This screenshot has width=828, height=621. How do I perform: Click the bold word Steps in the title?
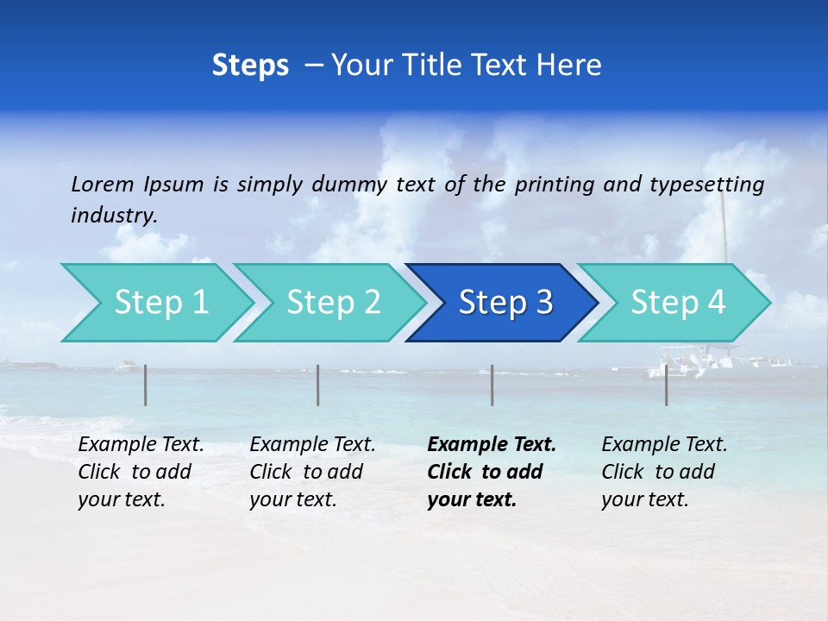(x=250, y=66)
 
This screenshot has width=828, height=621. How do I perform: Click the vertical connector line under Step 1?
(x=146, y=385)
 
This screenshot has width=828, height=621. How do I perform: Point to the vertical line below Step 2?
(x=318, y=385)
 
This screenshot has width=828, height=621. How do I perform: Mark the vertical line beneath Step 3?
(x=492, y=385)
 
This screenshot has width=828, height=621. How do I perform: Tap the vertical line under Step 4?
(x=667, y=385)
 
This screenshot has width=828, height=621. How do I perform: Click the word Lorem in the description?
(x=103, y=184)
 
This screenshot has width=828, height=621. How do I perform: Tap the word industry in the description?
(x=114, y=216)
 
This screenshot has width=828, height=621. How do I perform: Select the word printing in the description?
(x=555, y=185)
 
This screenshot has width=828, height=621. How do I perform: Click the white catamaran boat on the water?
(x=690, y=362)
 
